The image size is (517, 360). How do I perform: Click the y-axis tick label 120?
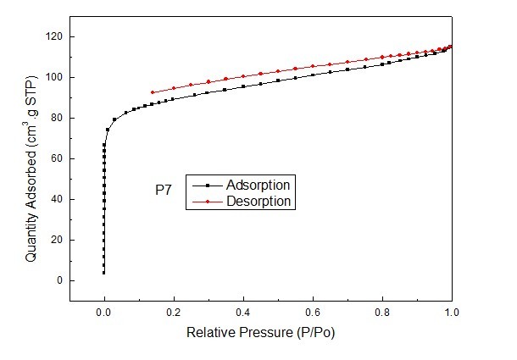pyautogui.click(x=55, y=36)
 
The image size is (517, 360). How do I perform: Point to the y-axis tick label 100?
pyautogui.click(x=55, y=77)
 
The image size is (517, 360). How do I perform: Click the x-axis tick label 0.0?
pyautogui.click(x=104, y=312)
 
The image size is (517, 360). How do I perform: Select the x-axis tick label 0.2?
pyautogui.click(x=174, y=312)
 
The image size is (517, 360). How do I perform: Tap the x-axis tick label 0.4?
pyautogui.click(x=243, y=312)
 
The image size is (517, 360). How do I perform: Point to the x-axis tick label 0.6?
pyautogui.click(x=313, y=312)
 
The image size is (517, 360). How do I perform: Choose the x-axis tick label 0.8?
pyautogui.click(x=382, y=312)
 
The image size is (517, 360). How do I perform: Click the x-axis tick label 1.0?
pyautogui.click(x=452, y=312)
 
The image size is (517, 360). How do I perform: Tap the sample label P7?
pyautogui.click(x=163, y=192)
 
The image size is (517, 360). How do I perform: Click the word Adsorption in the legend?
pyautogui.click(x=259, y=185)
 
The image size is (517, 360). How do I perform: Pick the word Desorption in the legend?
pyautogui.click(x=259, y=202)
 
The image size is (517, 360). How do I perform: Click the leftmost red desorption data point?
pyautogui.click(x=153, y=92)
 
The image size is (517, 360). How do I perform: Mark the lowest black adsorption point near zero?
pyautogui.click(x=104, y=273)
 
